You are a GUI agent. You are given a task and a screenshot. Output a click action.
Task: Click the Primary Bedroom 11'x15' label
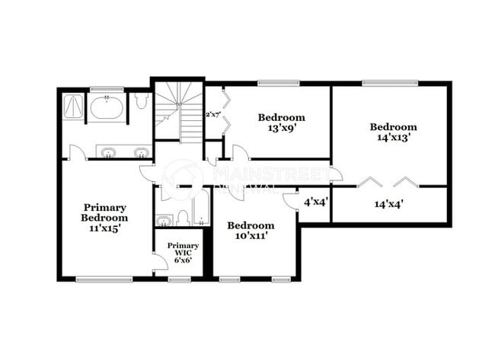click(104, 217)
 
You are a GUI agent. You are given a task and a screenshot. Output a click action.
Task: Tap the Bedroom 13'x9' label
click(281, 123)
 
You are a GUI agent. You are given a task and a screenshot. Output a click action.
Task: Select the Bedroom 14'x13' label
click(394, 132)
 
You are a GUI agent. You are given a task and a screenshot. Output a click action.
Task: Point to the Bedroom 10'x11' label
click(251, 231)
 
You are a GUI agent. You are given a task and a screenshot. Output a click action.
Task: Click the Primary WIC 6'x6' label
click(183, 252)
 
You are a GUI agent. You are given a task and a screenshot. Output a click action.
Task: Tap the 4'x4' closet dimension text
click(315, 202)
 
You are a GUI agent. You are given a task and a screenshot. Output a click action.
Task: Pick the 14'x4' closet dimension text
click(388, 203)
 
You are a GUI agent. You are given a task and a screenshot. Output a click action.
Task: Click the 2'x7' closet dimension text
click(212, 114)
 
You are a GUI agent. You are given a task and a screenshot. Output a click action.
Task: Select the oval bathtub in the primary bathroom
click(107, 107)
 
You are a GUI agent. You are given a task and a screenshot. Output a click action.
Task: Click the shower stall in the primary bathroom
click(73, 106)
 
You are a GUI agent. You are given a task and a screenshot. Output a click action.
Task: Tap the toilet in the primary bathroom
click(141, 102)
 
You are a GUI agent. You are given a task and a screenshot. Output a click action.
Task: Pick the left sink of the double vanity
click(107, 152)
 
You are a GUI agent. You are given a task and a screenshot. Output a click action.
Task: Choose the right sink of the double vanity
click(141, 152)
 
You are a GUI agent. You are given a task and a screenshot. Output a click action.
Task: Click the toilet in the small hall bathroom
click(183, 218)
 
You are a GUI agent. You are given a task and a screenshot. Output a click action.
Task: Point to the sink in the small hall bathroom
click(164, 221)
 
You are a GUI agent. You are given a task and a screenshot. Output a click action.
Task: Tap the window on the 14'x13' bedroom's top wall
click(389, 83)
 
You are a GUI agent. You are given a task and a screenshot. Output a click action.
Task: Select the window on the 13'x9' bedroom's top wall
click(279, 83)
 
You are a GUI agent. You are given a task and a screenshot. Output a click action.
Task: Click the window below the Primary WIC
click(179, 279)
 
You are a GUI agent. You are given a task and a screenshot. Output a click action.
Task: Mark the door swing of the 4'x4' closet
click(289, 199)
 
